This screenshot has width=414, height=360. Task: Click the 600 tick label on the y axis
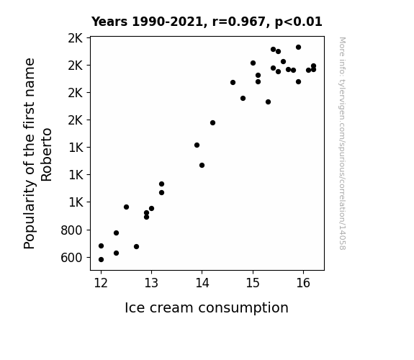click(x=71, y=258)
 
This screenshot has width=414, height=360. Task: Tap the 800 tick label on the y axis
click(x=71, y=230)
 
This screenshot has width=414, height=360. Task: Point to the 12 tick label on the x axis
click(x=101, y=283)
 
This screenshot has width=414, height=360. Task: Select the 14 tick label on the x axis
click(x=202, y=283)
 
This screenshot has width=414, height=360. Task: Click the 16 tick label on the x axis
click(x=303, y=283)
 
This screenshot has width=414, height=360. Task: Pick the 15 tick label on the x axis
click(x=253, y=283)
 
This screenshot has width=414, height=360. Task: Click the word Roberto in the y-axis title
click(x=47, y=155)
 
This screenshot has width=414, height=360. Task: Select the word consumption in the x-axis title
click(x=243, y=308)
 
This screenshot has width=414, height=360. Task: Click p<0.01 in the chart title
click(x=299, y=22)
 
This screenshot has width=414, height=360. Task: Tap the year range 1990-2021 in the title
click(x=167, y=22)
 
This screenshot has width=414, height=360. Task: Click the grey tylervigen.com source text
click(x=342, y=143)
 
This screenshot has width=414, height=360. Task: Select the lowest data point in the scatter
click(x=101, y=260)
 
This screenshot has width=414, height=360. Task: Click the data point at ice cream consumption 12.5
click(x=126, y=207)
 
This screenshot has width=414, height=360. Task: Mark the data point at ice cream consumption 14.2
click(x=212, y=123)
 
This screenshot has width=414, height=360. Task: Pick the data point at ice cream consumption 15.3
click(x=268, y=102)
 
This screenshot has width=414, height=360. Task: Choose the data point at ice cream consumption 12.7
click(x=136, y=247)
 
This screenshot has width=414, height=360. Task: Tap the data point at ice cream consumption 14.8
click(x=243, y=98)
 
